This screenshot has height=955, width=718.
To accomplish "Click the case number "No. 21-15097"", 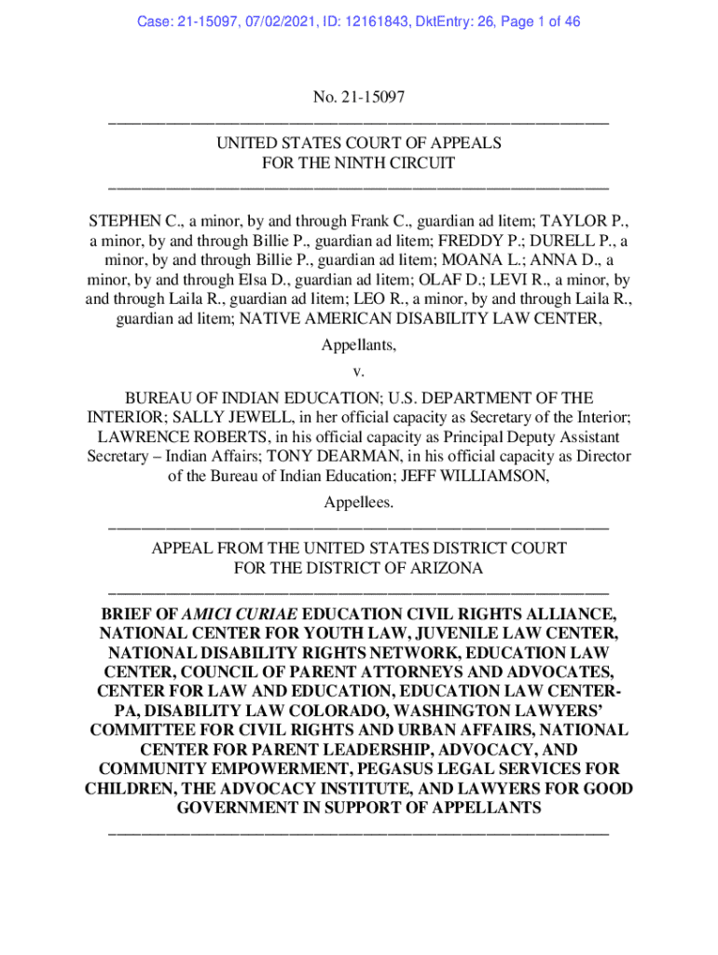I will point(359,98).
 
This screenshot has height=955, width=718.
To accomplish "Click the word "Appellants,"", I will point(359,345).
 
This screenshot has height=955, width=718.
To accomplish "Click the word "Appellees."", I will point(359,503).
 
